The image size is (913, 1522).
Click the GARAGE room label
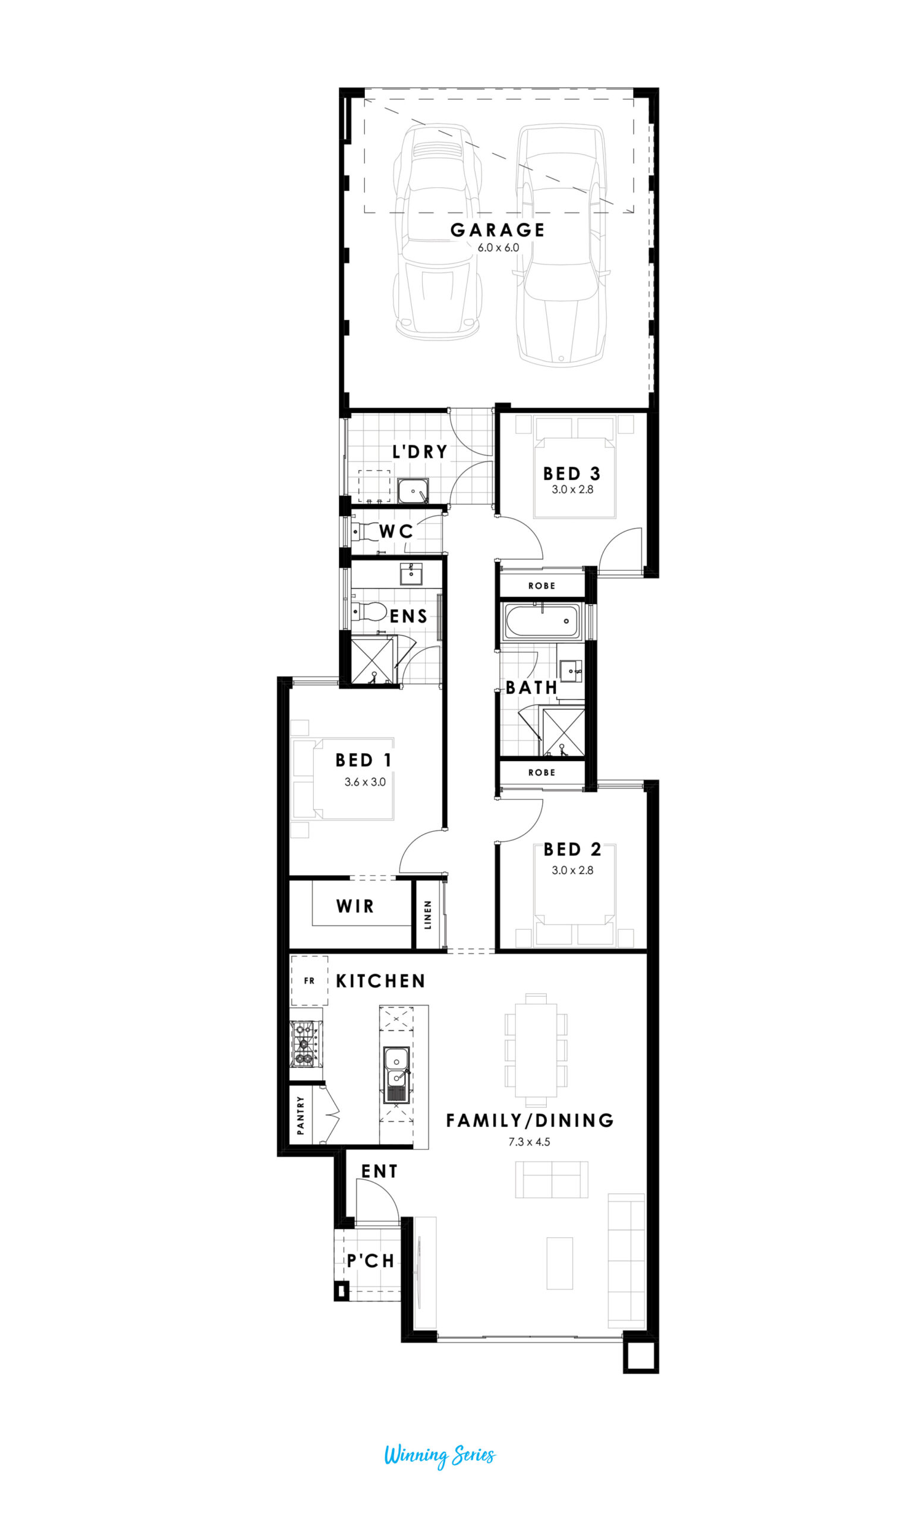(x=497, y=230)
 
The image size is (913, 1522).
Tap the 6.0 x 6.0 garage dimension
(x=498, y=248)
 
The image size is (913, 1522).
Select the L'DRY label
(x=420, y=452)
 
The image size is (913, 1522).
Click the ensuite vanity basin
(x=411, y=574)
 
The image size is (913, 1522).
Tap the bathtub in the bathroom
(x=541, y=621)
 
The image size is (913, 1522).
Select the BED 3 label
(x=572, y=474)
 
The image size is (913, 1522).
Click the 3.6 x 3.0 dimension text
(x=365, y=782)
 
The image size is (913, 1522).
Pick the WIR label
(x=355, y=906)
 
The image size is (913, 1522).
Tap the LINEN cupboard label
(x=427, y=914)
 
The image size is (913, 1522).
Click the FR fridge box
(x=310, y=980)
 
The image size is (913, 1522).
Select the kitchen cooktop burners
(x=304, y=1044)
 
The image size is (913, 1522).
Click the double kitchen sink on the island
(x=396, y=1074)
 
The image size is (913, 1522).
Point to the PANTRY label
(x=300, y=1115)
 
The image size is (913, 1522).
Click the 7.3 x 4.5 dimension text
(x=529, y=1142)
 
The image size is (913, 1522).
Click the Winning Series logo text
(x=440, y=1455)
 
